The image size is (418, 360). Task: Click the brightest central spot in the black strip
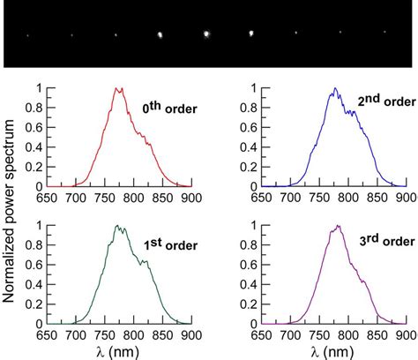click(206, 34)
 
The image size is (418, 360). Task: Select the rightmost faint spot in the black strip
click(384, 34)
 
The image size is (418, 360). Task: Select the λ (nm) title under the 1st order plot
click(116, 351)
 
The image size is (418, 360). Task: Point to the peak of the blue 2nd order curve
click(335, 88)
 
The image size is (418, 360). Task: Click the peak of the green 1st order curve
click(116, 226)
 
